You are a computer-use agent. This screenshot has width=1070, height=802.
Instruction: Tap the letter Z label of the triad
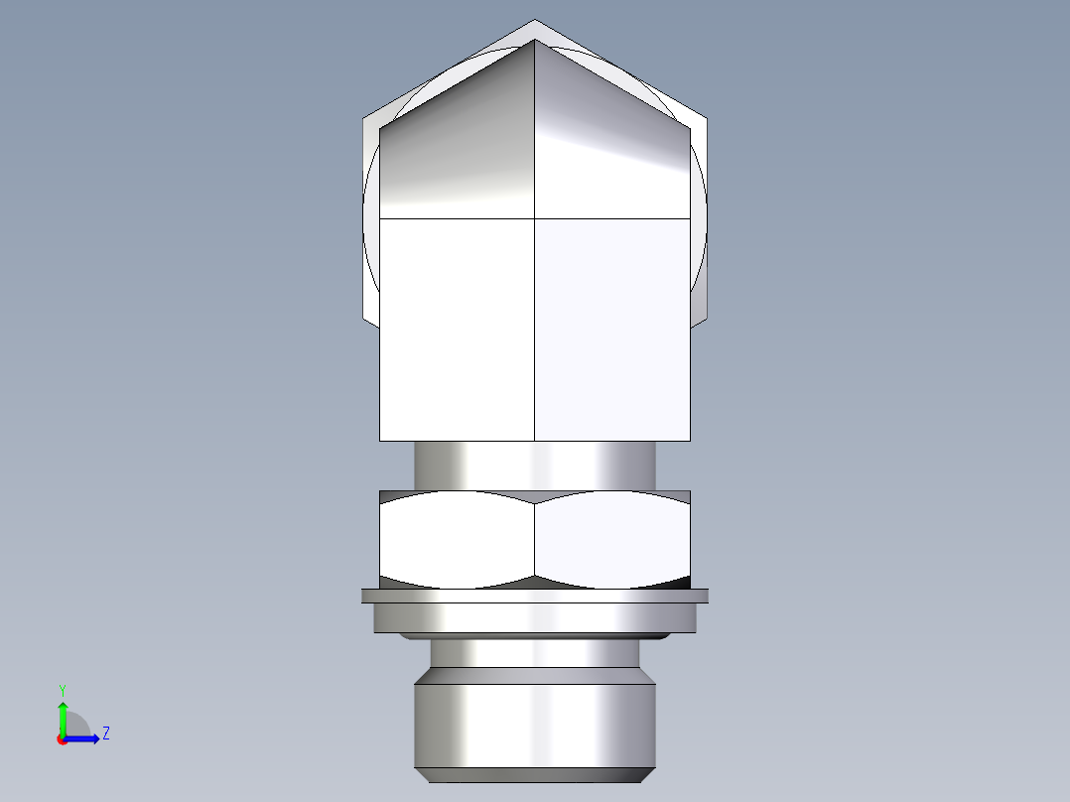(106, 734)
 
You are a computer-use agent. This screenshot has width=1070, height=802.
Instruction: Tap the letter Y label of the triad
(63, 688)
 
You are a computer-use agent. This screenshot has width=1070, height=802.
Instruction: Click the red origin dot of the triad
(62, 739)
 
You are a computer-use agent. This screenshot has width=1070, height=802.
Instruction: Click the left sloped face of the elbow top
(457, 149)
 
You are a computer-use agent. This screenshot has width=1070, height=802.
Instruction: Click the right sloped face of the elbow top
(610, 149)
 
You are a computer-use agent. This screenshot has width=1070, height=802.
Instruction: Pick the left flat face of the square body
(457, 328)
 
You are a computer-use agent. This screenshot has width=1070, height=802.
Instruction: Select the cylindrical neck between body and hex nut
(535, 465)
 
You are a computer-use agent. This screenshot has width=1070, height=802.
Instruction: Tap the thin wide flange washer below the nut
(535, 596)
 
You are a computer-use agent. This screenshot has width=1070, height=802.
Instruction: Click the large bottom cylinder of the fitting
(535, 720)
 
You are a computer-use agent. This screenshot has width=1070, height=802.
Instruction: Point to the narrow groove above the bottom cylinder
(535, 652)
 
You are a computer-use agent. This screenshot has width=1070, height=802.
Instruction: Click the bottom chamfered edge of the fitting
(535, 775)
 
